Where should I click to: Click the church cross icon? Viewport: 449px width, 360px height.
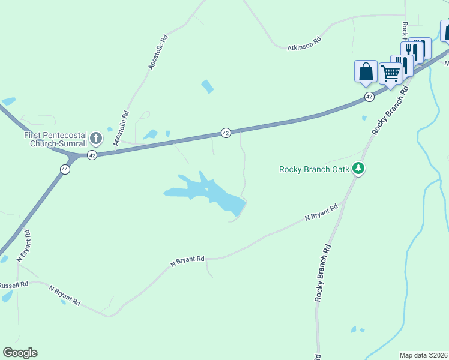(95, 139)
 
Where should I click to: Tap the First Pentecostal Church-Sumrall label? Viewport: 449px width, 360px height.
(56, 140)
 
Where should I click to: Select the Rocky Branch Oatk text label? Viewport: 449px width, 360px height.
(314, 169)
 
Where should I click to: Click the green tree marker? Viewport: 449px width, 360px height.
(358, 169)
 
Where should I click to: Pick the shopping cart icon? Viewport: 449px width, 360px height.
(390, 73)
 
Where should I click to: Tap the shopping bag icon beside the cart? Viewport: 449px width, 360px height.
(366, 71)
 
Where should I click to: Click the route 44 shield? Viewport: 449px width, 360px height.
(64, 170)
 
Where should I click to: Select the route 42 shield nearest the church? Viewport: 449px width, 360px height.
(92, 155)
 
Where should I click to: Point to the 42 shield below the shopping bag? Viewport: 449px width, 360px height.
(369, 97)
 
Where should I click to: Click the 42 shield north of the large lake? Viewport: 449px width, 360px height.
(226, 133)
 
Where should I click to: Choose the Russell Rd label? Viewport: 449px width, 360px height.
(13, 285)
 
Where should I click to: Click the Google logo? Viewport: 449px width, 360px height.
(20, 353)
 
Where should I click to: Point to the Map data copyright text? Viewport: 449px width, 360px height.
(424, 355)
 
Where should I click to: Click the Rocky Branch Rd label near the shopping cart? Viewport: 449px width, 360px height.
(390, 110)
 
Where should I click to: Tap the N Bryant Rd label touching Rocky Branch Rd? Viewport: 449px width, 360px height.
(321, 212)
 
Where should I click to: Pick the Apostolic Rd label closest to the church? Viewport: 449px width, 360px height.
(121, 128)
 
